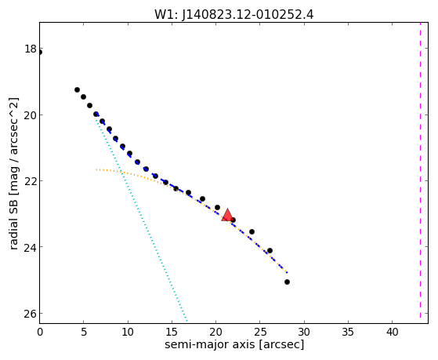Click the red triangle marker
click(227, 215)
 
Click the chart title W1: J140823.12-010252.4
click(234, 14)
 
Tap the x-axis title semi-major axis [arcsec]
click(234, 344)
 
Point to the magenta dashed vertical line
click(420, 170)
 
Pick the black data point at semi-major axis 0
click(40, 52)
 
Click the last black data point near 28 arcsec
click(287, 282)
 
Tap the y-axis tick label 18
click(31, 49)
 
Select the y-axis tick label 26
click(31, 314)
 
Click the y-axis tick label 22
click(31, 181)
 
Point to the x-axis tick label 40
click(392, 332)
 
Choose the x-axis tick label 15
click(172, 332)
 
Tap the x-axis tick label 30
click(304, 332)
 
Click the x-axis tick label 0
click(40, 332)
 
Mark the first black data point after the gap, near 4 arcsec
click(77, 89)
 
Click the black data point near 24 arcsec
click(252, 231)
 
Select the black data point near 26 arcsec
click(270, 250)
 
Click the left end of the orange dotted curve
click(96, 169)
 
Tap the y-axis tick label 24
click(31, 247)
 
